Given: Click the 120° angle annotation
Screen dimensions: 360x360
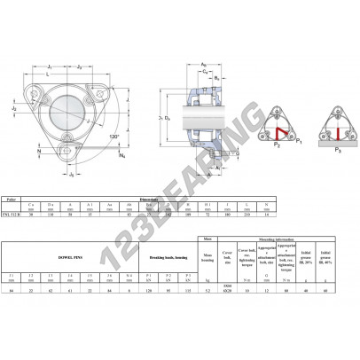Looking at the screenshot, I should point(113,136).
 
